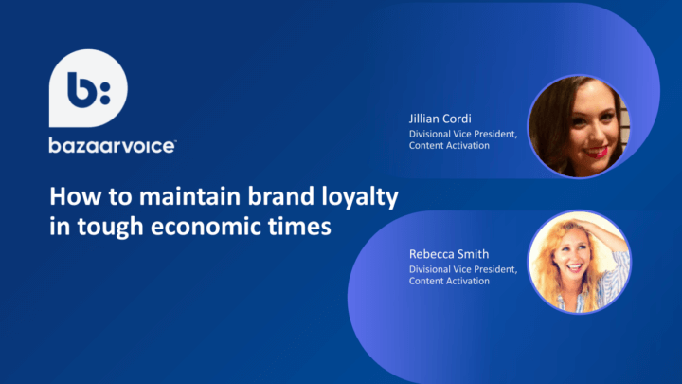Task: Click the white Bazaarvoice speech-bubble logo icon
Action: tap(88, 88)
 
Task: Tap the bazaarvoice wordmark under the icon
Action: tap(113, 146)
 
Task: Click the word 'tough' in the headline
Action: tap(110, 228)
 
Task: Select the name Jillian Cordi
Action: tap(440, 119)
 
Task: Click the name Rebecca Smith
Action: tap(449, 254)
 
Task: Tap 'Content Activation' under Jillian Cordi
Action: tap(449, 145)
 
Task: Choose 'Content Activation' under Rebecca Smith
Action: tap(449, 281)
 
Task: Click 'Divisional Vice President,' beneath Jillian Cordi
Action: tap(463, 134)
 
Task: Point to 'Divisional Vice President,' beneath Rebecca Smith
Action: tap(463, 269)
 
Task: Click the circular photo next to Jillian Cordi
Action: tap(579, 126)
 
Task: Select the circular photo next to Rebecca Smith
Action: tap(579, 262)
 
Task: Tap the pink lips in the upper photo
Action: tap(596, 152)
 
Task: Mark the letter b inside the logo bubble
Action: tap(81, 90)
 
